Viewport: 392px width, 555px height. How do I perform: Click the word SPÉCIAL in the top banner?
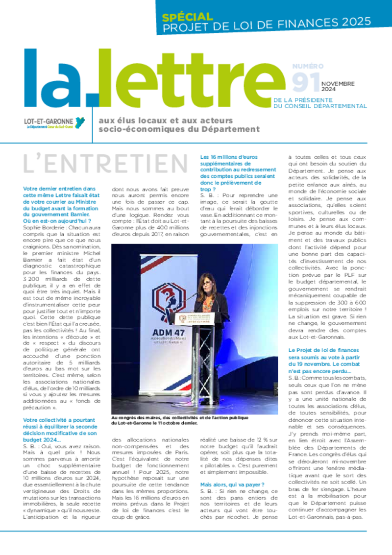point(188,17)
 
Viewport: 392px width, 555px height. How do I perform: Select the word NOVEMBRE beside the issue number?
point(338,84)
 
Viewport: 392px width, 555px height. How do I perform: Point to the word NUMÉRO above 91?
point(308,66)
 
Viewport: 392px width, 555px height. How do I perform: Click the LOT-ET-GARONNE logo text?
point(49,121)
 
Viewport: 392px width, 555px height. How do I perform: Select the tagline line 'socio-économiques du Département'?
point(179,129)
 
